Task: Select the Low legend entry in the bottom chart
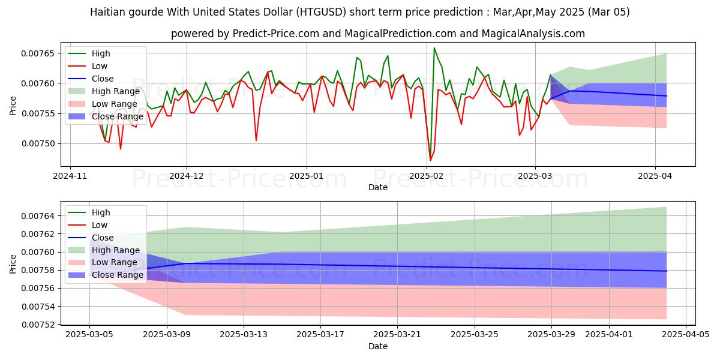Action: (x=100, y=225)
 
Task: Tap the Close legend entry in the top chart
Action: (x=103, y=79)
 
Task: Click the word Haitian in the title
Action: (x=106, y=12)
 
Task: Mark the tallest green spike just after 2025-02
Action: (x=434, y=48)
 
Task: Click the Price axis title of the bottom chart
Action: (x=13, y=263)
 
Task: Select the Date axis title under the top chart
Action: (x=378, y=187)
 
